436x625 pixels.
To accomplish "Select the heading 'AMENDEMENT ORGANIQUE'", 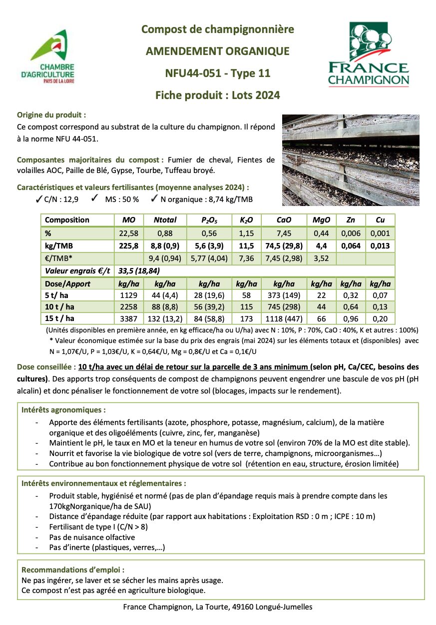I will click(x=217, y=51).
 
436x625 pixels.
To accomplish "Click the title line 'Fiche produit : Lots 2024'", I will click(x=217, y=95).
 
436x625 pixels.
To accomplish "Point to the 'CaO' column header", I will click(x=284, y=220).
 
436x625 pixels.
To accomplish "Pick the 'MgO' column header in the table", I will click(x=320, y=220).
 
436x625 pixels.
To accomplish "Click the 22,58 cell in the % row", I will click(x=128, y=233).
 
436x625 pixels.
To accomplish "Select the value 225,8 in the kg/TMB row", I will click(x=128, y=246).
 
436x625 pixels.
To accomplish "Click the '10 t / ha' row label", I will click(x=60, y=307).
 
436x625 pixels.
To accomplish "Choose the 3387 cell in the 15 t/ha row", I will click(x=128, y=318).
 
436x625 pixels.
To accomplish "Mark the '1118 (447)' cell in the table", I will click(x=284, y=318).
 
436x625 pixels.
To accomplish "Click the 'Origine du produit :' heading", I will click(x=55, y=114).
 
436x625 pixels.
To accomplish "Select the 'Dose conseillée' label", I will click(x=43, y=366).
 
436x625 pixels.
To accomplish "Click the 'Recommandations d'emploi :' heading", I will click(x=73, y=569).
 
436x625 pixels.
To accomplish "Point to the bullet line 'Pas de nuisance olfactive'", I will click(x=92, y=537).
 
